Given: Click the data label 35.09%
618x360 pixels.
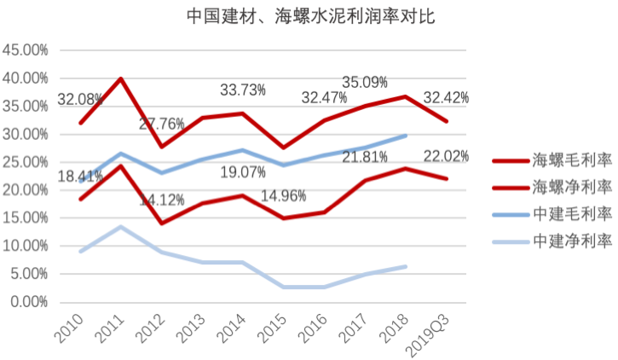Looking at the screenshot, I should [x=365, y=83].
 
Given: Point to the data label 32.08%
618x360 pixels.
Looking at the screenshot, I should [x=80, y=100].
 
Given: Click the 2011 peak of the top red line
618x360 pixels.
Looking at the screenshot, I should [x=122, y=78].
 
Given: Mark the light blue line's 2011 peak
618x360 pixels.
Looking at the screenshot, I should [x=122, y=227].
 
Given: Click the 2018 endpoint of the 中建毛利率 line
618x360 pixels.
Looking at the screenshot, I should [x=406, y=136].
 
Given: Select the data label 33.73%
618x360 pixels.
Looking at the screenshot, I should [x=243, y=89].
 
